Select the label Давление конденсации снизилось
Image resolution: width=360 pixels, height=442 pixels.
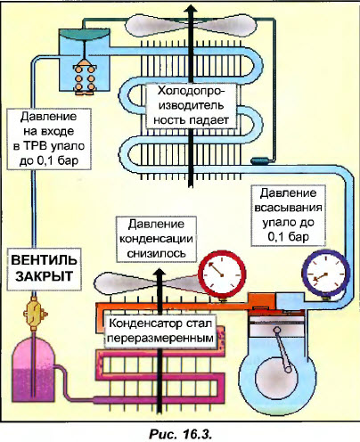155,238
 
